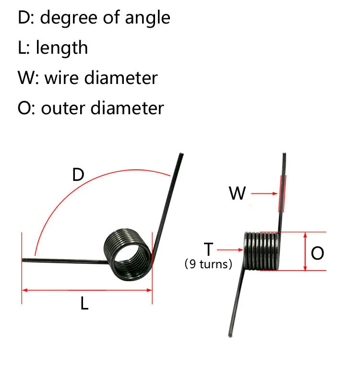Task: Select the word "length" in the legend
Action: [x=62, y=48]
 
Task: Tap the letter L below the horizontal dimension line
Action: [x=84, y=303]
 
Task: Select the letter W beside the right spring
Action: [x=237, y=194]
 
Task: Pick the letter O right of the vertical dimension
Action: [x=317, y=253]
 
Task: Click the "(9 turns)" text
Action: [x=208, y=264]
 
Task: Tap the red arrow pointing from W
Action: [x=265, y=194]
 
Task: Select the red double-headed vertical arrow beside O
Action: [x=305, y=251]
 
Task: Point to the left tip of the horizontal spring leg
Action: [x=24, y=260]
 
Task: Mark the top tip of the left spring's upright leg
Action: [x=181, y=155]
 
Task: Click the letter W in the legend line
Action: [x=26, y=78]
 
